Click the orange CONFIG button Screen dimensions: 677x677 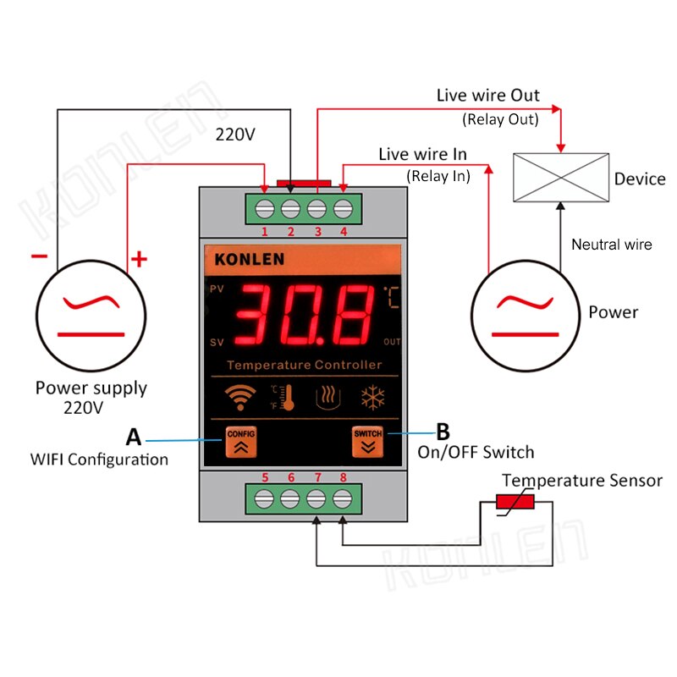click(240, 443)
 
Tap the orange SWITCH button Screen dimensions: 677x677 click(368, 443)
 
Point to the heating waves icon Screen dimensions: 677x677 click(328, 397)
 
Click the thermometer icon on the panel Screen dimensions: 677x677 click(284, 397)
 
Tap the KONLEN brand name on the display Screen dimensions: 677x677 click(249, 259)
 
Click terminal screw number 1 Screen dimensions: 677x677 click(265, 207)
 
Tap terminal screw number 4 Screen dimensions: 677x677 click(343, 207)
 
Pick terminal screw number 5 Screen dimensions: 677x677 click(265, 498)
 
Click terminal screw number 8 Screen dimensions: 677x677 click(343, 498)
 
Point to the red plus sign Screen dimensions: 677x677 click(139, 259)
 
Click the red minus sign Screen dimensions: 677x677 click(39, 256)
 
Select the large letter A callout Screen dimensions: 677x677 click(134, 438)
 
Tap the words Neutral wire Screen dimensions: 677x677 click(612, 245)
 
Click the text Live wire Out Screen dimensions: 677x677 click(487, 96)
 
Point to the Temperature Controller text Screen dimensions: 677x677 click(305, 366)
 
